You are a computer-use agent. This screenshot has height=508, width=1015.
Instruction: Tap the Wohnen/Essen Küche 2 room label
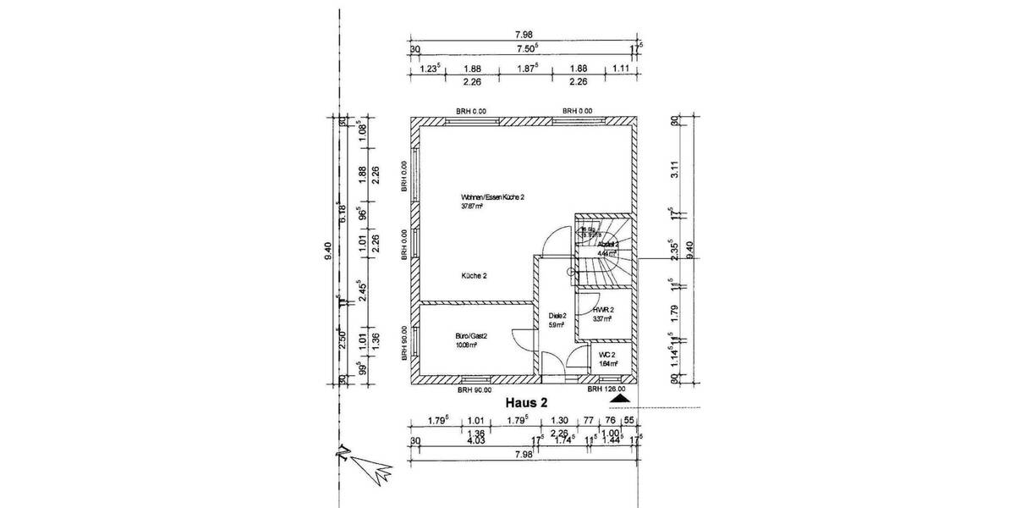coord(493,196)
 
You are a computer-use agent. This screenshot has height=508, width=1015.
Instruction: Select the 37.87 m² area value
coord(471,206)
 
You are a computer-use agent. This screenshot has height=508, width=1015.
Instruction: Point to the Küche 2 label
coord(474,276)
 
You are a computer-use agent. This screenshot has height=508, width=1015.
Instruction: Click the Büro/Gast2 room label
coord(472,336)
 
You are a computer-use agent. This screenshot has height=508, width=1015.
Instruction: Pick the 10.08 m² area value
coord(468,345)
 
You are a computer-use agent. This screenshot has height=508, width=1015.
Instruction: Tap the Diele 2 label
coord(557,315)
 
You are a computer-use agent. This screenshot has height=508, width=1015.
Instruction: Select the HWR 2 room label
coord(603,310)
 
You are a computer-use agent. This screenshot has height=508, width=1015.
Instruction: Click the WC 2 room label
coord(606,354)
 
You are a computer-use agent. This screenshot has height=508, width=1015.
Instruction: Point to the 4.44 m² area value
coord(608,252)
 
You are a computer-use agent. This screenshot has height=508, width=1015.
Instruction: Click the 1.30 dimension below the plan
coord(559,421)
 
